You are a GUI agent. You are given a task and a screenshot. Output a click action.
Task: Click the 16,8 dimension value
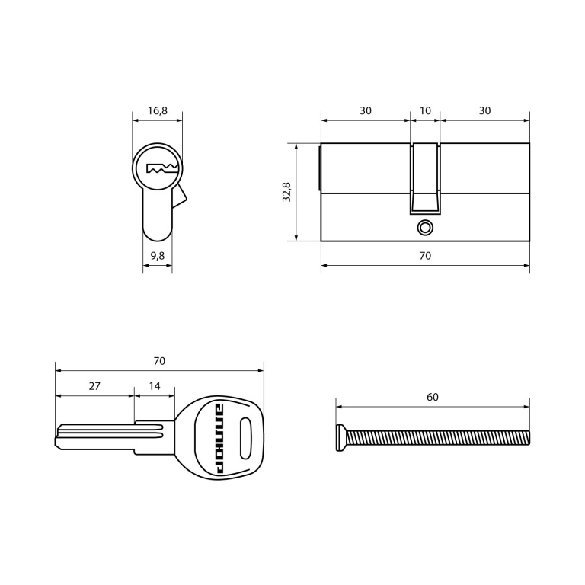click(x=158, y=110)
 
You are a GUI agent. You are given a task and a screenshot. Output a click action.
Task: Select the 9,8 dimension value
click(x=158, y=256)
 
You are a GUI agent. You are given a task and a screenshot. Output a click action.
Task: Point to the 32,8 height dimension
click(x=286, y=192)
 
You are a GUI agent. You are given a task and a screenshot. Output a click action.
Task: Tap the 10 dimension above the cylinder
click(x=425, y=110)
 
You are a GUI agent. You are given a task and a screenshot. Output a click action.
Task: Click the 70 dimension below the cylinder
click(x=425, y=256)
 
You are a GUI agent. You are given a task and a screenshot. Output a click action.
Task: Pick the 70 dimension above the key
click(x=159, y=361)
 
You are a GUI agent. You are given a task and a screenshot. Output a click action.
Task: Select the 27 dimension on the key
click(x=94, y=385)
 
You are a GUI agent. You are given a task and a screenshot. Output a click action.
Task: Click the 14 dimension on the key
click(x=155, y=385)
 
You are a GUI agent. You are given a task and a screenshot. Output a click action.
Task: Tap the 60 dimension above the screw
click(x=433, y=397)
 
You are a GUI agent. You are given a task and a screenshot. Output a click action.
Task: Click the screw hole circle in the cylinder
click(x=425, y=228)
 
